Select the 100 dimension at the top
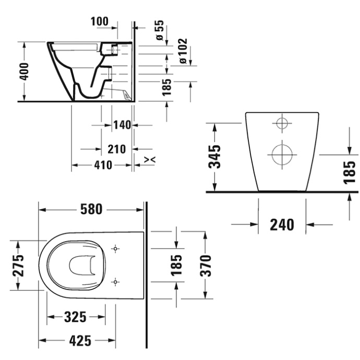(99, 21)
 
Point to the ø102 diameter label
(183, 51)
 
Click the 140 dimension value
(121, 125)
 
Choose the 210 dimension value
(116, 149)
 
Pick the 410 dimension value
(102, 165)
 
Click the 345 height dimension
(214, 157)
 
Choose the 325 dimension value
(76, 316)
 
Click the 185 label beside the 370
(177, 266)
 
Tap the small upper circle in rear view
(281, 124)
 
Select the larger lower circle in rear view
(281, 154)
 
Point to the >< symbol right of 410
(148, 158)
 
